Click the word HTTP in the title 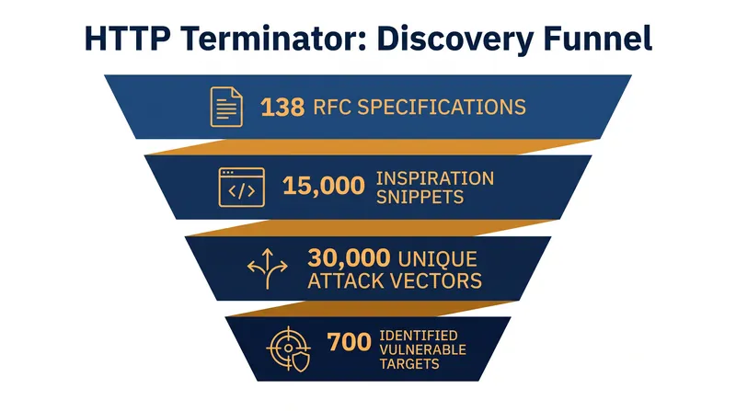(127, 39)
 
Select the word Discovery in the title (454, 40)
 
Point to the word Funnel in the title (597, 39)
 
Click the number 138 (282, 108)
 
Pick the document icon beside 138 (226, 107)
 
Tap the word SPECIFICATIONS (442, 108)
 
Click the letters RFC (332, 108)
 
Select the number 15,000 (324, 186)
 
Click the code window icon (241, 188)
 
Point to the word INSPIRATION (435, 178)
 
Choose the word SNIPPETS (420, 197)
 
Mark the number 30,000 (349, 257)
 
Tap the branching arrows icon (267, 268)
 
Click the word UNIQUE (438, 259)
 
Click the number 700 (349, 342)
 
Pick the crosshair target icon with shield (289, 349)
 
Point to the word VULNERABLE (422, 349)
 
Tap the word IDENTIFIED (419, 336)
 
